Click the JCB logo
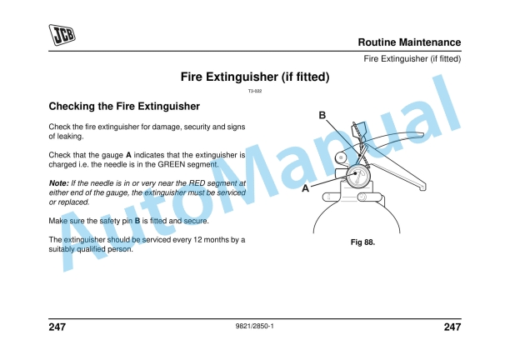61,34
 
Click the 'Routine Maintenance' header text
409,42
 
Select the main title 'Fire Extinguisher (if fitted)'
255,77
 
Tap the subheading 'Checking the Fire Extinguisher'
124,107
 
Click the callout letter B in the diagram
322,114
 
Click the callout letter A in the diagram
306,189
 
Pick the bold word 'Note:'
58,182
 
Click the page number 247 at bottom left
57,327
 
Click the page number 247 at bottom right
452,327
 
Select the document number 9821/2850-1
255,326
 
